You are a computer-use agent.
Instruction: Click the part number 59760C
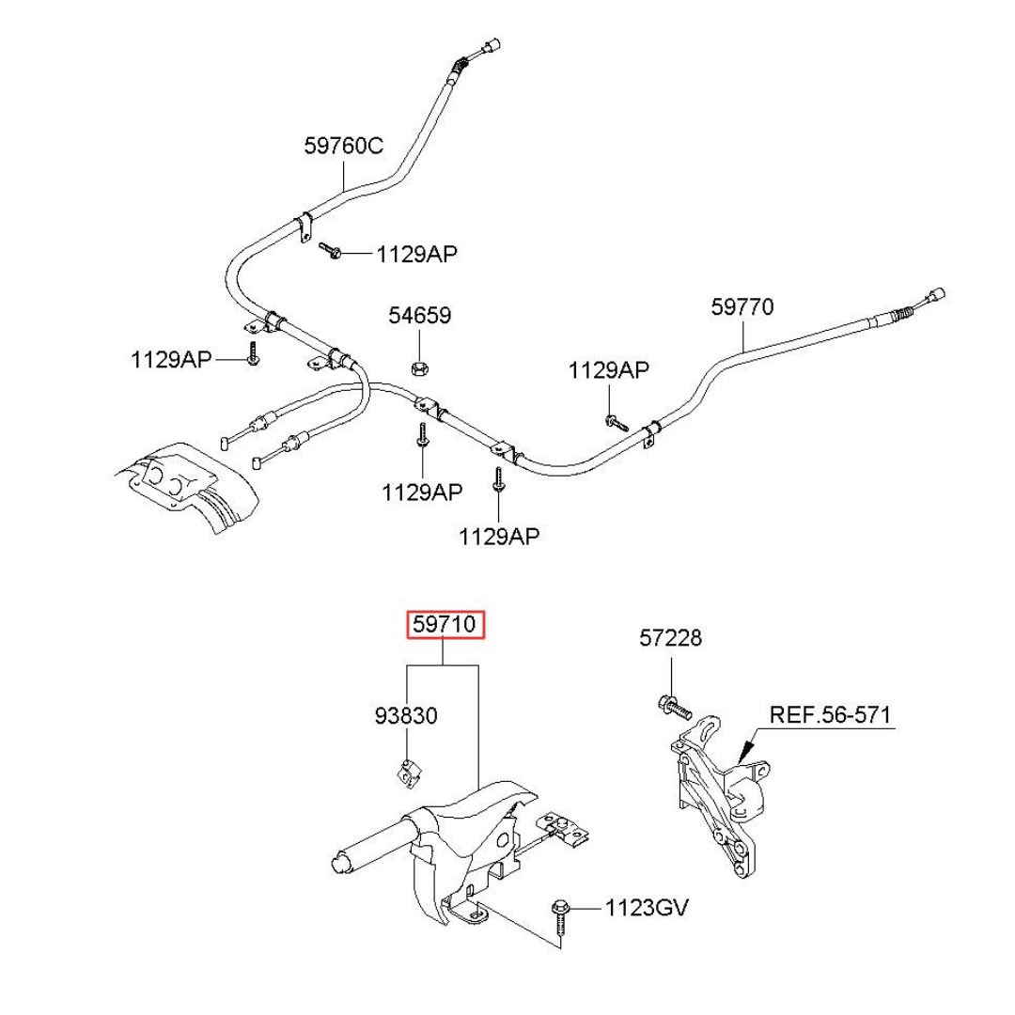coord(343,147)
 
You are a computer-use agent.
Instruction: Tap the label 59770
coord(742,306)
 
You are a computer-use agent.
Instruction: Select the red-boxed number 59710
coord(445,624)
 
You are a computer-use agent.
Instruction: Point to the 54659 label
coord(420,316)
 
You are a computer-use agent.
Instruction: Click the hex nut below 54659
coord(421,366)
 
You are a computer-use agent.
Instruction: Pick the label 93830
coord(406,716)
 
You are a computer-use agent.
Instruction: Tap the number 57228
coord(671,639)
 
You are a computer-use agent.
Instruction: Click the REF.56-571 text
coord(830,714)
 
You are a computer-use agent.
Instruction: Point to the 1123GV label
coord(647,908)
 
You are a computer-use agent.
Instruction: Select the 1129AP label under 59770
coord(608,370)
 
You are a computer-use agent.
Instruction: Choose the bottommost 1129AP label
coord(499,537)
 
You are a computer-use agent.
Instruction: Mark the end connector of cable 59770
coord(936,294)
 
